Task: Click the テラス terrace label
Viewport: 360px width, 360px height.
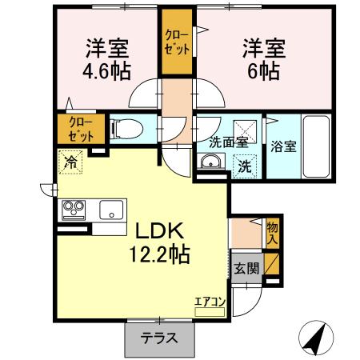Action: pos(159,339)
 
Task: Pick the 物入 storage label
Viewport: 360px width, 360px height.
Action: pos(273,232)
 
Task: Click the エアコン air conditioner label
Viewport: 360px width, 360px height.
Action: pos(210,302)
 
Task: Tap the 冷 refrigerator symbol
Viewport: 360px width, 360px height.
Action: pos(71,161)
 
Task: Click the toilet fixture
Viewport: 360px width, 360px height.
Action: pos(128,128)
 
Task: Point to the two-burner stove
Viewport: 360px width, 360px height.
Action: pos(74,211)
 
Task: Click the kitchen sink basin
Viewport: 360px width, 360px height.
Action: pos(110,211)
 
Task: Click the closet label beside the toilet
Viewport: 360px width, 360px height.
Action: pos(80,128)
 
